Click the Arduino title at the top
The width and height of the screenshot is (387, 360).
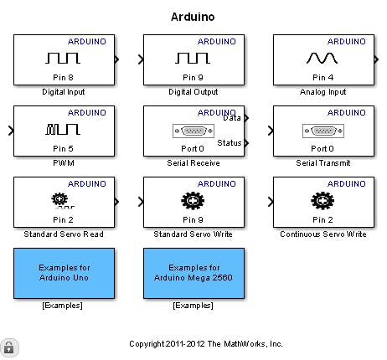point(193,17)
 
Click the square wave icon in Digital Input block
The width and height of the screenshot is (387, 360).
point(63,58)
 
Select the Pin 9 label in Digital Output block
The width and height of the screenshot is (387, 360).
point(193,77)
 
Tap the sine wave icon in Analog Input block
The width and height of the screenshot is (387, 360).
point(322,58)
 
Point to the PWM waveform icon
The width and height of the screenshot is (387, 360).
point(63,129)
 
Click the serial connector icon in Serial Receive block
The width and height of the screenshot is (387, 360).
point(193,131)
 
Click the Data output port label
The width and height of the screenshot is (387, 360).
point(232,118)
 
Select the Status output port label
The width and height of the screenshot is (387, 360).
point(230,142)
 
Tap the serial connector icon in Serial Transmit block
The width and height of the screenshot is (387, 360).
point(323,131)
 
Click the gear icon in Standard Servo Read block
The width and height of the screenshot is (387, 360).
point(59,199)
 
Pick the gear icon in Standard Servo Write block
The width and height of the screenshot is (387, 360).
point(193,201)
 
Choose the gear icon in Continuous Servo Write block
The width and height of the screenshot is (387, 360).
point(322,201)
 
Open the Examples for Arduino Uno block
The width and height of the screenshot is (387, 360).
point(64,273)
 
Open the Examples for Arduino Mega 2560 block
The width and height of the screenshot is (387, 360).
point(193,273)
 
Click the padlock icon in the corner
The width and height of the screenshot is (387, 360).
point(9,347)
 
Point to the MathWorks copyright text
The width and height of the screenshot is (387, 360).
point(206,344)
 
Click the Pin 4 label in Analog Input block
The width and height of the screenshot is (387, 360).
point(323,77)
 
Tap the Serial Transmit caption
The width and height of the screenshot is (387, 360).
point(323,162)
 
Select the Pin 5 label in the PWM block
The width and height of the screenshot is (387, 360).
point(63,148)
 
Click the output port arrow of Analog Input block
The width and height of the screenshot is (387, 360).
point(376,59)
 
